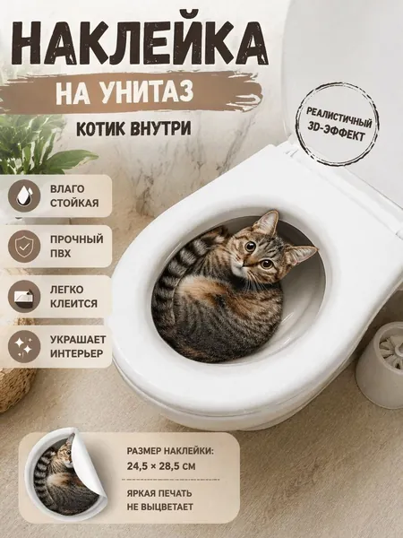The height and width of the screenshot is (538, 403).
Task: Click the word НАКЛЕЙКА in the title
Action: click(x=139, y=42)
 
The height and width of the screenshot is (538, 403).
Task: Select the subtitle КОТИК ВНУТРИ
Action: click(x=133, y=128)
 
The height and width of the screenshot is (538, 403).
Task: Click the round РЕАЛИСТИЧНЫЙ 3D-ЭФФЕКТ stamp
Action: click(x=339, y=124)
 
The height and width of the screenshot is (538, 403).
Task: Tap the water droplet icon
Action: click(x=24, y=195)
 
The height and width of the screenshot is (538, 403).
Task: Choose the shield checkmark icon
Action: click(x=24, y=247)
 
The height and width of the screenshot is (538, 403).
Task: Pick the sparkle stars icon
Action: click(x=24, y=346)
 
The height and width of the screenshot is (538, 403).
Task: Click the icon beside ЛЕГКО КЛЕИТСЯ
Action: click(x=24, y=297)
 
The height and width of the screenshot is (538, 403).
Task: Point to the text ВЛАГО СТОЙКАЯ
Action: click(x=74, y=195)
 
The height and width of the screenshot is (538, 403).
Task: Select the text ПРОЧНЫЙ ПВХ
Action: click(x=77, y=247)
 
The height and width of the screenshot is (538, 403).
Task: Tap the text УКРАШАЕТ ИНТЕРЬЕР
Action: click(x=78, y=346)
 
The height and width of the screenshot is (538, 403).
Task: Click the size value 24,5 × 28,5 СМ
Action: click(x=161, y=466)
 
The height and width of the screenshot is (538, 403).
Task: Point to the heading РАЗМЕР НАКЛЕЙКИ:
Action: click(x=170, y=450)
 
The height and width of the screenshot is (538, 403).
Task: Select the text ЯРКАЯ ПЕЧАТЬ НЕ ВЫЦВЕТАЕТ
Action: click(x=160, y=499)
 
